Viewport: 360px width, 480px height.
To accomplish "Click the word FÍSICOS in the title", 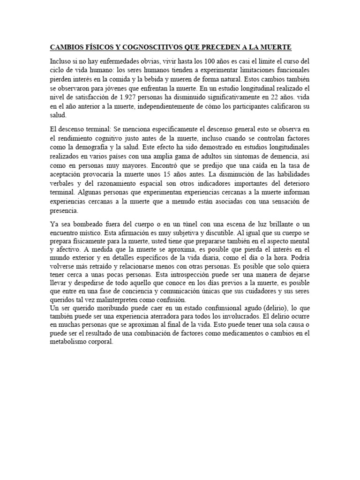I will [x=97, y=47].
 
